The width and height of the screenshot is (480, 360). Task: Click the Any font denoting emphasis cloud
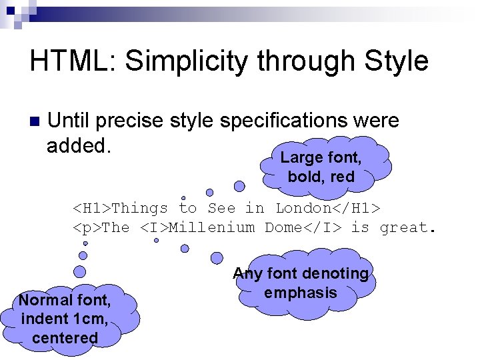click(x=301, y=283)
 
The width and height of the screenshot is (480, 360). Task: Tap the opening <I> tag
click(x=154, y=228)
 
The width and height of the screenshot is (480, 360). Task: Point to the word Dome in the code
click(x=284, y=228)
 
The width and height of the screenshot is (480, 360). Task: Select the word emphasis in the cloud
click(x=301, y=293)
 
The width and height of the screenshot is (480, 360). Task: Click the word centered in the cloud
click(x=65, y=338)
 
